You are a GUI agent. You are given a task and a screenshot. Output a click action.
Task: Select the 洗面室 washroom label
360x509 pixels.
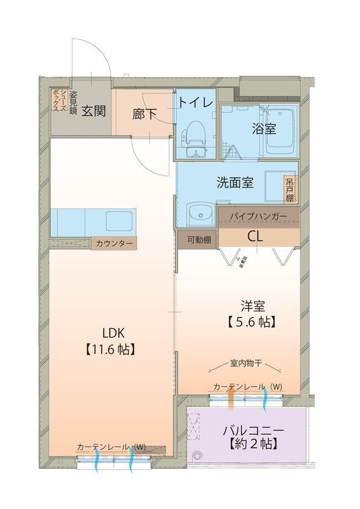tap(235, 183)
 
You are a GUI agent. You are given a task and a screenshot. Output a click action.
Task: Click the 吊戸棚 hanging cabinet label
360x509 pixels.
tap(290, 189)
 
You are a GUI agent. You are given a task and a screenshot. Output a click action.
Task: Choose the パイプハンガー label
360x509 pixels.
tap(258, 217)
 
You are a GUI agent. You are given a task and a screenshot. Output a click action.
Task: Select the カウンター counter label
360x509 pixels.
tap(114, 243)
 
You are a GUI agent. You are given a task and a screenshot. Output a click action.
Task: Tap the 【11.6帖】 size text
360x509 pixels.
tap(109, 349)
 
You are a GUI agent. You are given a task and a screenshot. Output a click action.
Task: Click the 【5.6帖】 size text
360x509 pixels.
tap(251, 321)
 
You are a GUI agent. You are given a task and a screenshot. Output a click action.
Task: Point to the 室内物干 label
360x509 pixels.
tap(247, 365)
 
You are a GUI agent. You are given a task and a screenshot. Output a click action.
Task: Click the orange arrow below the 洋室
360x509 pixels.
tap(231, 399)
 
